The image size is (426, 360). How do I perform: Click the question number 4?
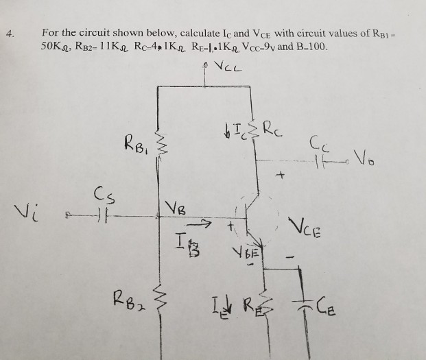click(x=8, y=32)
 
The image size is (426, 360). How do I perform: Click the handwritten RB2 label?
click(x=128, y=300)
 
